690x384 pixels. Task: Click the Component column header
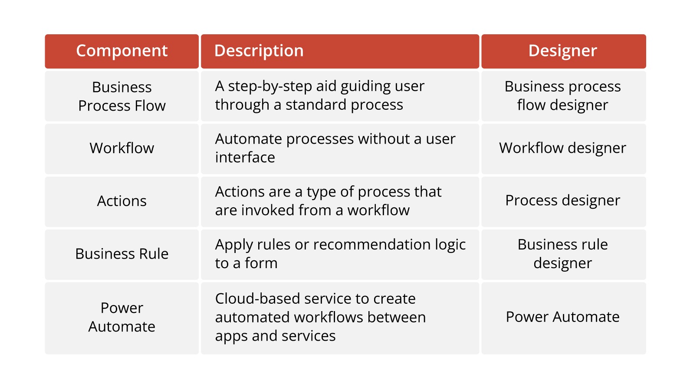click(x=122, y=51)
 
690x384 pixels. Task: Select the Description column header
click(x=259, y=51)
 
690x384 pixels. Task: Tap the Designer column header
click(x=563, y=51)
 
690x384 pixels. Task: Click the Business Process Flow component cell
click(x=122, y=96)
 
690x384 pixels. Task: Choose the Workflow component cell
click(x=122, y=148)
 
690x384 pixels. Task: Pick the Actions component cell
click(x=122, y=201)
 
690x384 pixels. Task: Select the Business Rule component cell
click(x=122, y=254)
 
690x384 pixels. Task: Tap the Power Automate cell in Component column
click(x=122, y=317)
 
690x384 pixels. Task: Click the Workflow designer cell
click(x=563, y=148)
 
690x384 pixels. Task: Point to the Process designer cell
click(x=563, y=201)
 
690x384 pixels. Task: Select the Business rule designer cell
click(x=563, y=254)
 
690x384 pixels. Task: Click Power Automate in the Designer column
click(x=563, y=317)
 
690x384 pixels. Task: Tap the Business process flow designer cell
click(x=563, y=96)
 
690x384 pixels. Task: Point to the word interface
click(x=245, y=158)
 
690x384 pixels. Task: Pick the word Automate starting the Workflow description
click(x=249, y=139)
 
